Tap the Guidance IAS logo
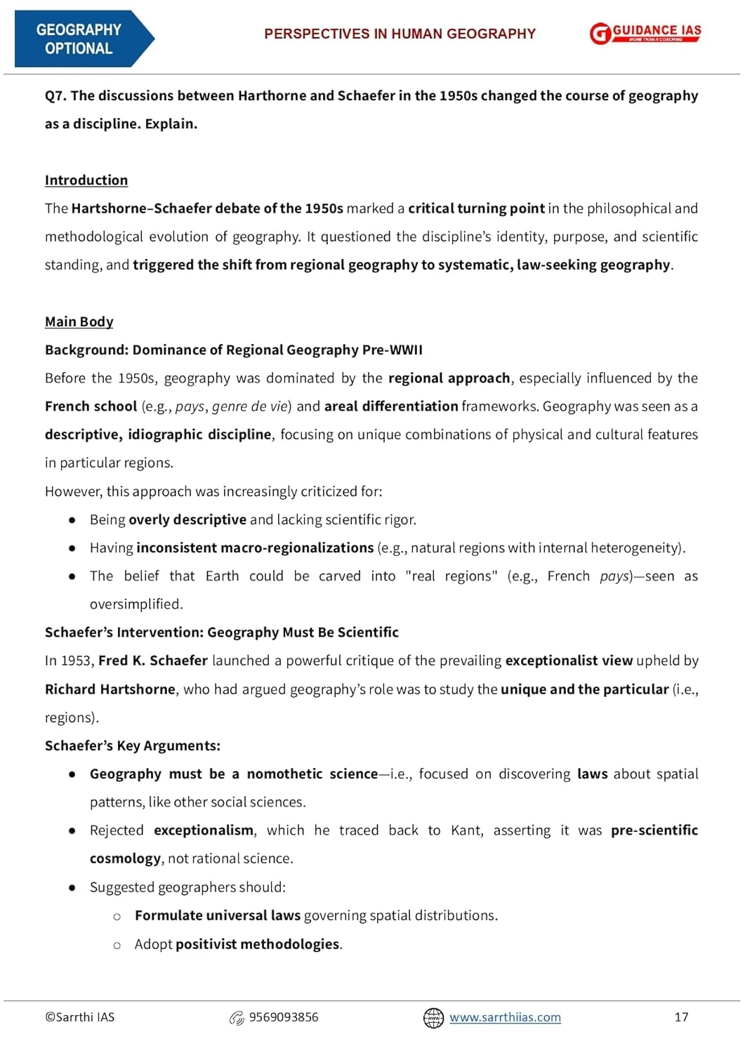tap(645, 33)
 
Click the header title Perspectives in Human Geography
tap(400, 34)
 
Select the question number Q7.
tap(55, 95)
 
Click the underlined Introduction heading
tap(86, 180)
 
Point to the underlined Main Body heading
tap(79, 322)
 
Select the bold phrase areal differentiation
tap(391, 406)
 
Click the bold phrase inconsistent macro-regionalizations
tap(255, 548)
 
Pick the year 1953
tap(76, 661)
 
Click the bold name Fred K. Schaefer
tap(153, 661)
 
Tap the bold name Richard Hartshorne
tap(110, 689)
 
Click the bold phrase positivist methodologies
tap(258, 944)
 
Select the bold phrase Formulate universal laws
tap(218, 915)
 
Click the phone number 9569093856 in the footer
tap(284, 1017)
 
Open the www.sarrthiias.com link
tap(505, 1017)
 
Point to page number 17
tap(681, 1017)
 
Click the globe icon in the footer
tap(433, 1017)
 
